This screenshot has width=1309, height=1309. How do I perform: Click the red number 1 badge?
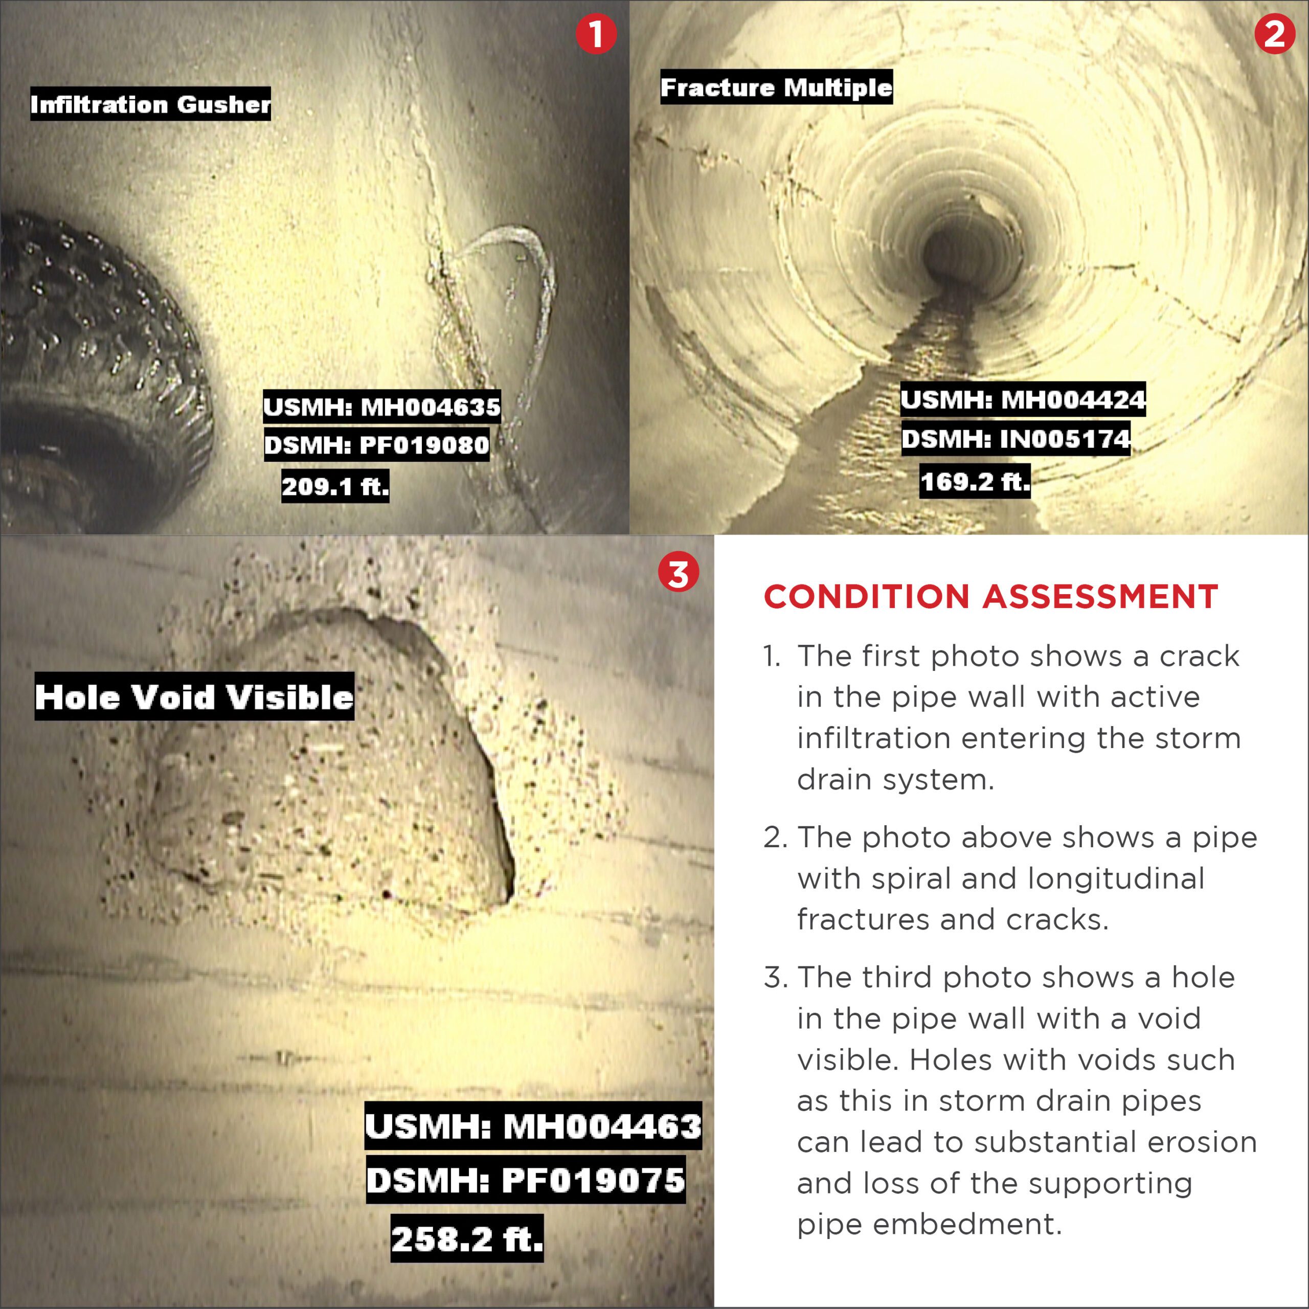(x=596, y=33)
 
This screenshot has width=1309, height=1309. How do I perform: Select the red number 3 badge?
(x=678, y=573)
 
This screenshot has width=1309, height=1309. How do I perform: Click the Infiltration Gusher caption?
(x=150, y=104)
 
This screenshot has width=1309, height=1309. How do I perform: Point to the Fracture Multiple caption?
(x=777, y=87)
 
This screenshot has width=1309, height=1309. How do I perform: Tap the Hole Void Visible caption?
(x=194, y=696)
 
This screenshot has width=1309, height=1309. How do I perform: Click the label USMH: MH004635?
(x=382, y=406)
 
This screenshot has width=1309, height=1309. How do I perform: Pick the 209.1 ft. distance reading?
(x=335, y=486)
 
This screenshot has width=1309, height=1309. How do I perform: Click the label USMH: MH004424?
(x=1023, y=399)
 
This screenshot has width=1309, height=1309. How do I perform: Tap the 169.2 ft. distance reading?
(x=975, y=481)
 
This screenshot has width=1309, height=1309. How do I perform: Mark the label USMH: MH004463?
(x=533, y=1126)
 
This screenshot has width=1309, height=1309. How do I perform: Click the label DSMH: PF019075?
(x=526, y=1180)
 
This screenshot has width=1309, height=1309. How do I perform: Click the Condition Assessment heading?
(x=990, y=596)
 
